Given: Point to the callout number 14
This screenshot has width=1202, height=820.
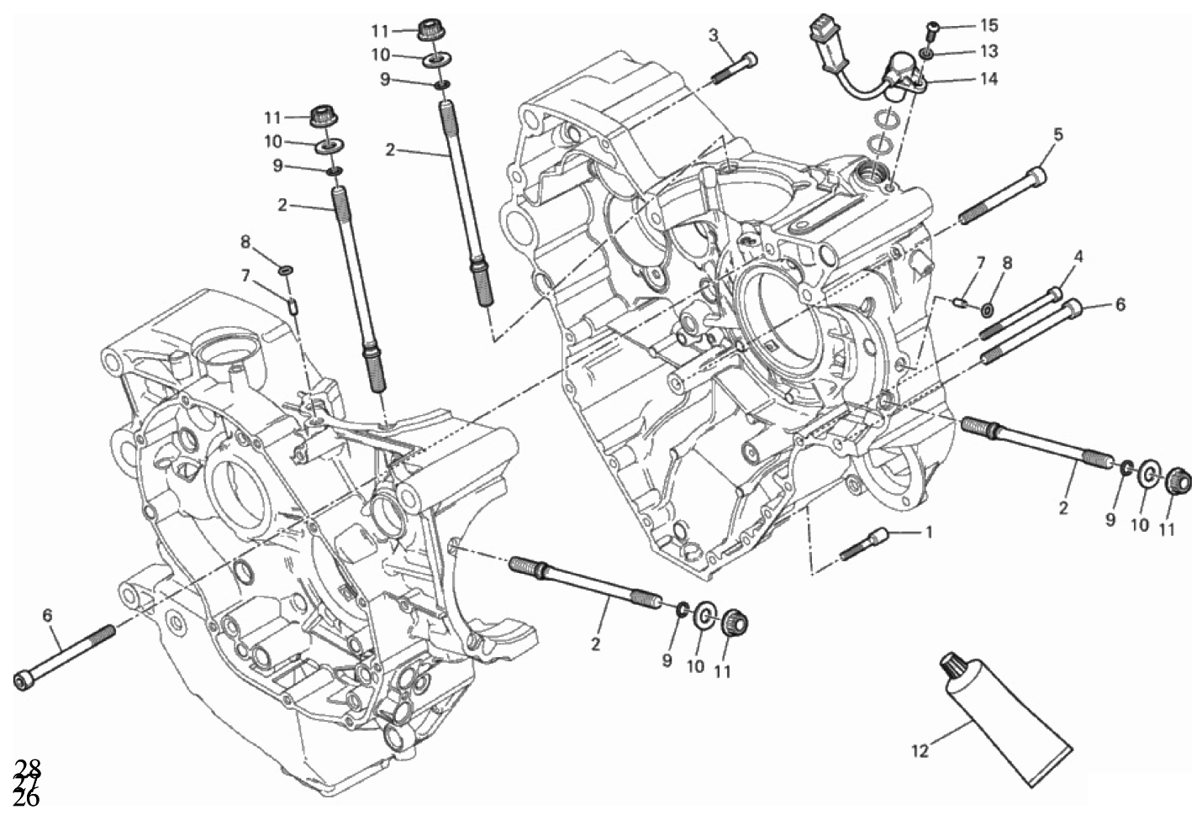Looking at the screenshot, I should point(988,79).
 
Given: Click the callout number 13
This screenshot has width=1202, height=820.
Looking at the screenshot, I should point(988,51).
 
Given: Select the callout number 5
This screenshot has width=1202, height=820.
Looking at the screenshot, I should point(1057,134).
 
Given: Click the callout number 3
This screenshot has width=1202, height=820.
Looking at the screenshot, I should point(713,34).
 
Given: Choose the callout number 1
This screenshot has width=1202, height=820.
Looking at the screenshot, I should point(929,531).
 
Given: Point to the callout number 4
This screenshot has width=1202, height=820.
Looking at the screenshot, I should point(1078,257).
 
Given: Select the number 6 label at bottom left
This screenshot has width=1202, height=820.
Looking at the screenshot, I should point(47,616).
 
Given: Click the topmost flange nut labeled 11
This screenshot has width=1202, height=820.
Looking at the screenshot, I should point(429,28).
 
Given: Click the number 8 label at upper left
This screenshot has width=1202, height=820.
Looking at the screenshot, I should point(245,242).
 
